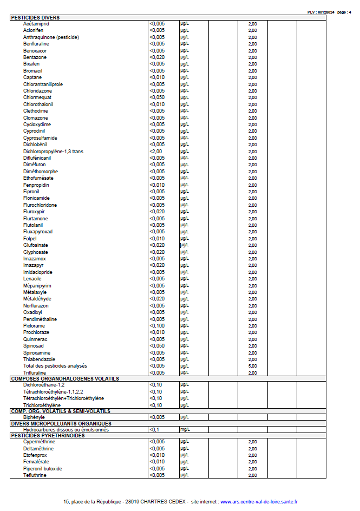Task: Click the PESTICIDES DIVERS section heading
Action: [35, 17]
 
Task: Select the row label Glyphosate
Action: [35, 252]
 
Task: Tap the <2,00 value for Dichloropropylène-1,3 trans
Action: [156, 152]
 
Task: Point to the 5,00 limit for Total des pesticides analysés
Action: [252, 366]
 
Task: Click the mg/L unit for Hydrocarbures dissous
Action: [185, 430]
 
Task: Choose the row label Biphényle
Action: [34, 417]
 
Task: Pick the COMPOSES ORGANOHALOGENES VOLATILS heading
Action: [64, 379]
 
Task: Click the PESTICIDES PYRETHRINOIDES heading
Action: [48, 436]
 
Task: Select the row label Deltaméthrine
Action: [38, 449]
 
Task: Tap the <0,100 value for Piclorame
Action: [157, 326]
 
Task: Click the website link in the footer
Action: [259, 502]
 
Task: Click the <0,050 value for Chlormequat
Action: [157, 97]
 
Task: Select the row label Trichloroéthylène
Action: [42, 405]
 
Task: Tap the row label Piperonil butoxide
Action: [43, 469]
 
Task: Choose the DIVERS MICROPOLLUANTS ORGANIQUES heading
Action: [61, 423]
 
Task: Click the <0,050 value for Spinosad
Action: [157, 346]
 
